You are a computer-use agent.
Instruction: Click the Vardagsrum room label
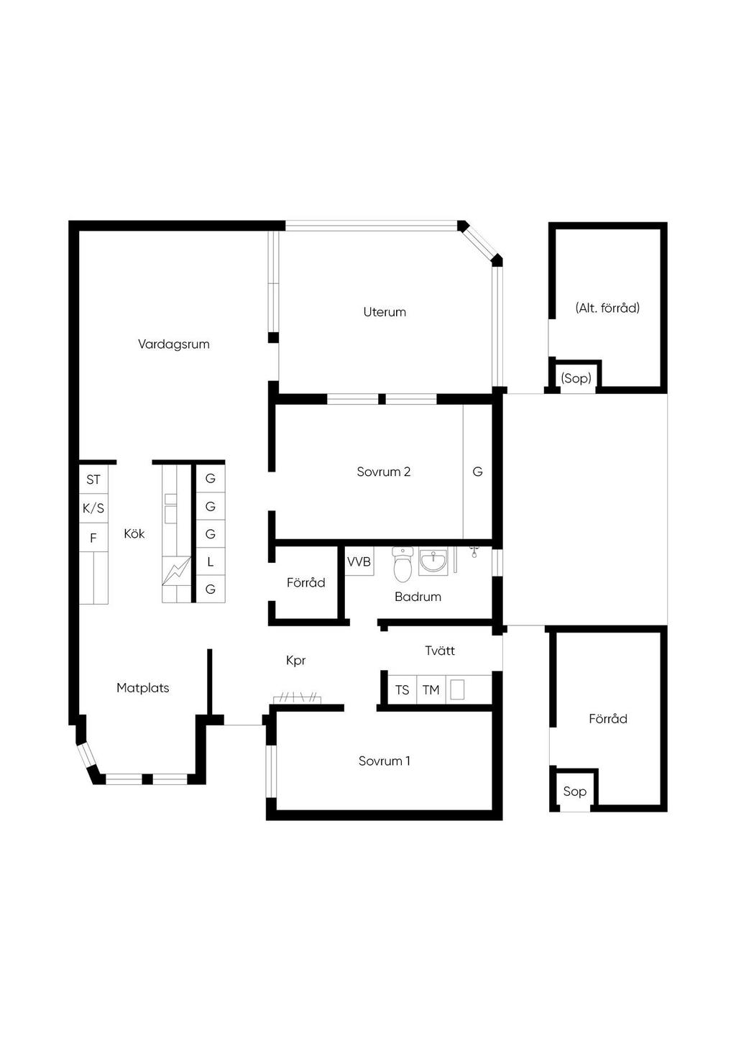173,344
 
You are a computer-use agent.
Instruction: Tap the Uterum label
385,312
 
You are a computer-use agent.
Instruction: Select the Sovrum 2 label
383,472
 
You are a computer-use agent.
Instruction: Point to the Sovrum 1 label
384,761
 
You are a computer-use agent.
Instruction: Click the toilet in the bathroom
402,564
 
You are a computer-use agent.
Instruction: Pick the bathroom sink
433,562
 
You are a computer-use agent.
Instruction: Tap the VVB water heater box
359,561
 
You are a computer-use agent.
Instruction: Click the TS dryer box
402,690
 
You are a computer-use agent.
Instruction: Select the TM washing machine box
431,690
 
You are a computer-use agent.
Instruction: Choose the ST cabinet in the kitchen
93,479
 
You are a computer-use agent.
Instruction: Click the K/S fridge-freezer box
93,508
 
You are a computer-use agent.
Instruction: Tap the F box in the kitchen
93,538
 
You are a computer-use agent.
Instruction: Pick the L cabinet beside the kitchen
211,562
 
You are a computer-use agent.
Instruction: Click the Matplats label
142,688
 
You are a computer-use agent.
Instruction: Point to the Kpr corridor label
295,661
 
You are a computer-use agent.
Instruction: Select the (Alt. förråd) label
607,308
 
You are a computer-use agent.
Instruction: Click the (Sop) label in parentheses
576,378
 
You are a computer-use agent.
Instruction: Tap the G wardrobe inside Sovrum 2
477,472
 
